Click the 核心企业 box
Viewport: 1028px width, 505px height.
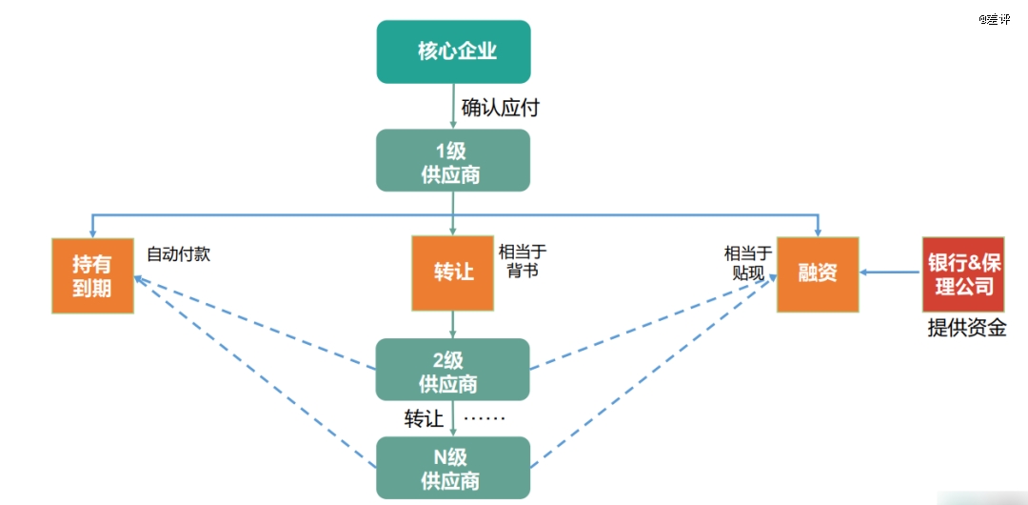(x=453, y=51)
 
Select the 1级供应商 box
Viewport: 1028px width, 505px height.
(x=453, y=160)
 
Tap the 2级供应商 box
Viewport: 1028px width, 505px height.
(x=453, y=369)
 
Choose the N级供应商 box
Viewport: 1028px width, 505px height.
(x=453, y=468)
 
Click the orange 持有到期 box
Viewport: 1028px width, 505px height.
(x=92, y=275)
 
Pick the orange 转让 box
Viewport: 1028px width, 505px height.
(x=452, y=273)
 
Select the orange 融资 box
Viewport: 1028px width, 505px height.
(x=818, y=273)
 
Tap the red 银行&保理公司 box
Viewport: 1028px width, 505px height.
(x=963, y=273)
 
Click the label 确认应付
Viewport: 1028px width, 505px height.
(x=501, y=108)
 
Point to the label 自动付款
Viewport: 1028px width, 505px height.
(x=178, y=254)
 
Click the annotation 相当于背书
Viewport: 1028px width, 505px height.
(x=523, y=261)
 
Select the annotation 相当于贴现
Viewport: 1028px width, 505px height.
(x=749, y=263)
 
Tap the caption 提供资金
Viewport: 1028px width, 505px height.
(x=967, y=328)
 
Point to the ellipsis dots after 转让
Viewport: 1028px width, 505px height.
(x=484, y=419)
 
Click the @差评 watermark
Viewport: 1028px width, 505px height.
(x=995, y=20)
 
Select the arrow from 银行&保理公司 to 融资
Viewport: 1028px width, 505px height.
(x=890, y=273)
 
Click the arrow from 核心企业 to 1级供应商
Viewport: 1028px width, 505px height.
(x=453, y=107)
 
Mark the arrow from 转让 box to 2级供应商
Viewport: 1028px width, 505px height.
(x=453, y=324)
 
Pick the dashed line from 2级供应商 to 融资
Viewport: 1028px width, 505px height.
(x=654, y=322)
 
